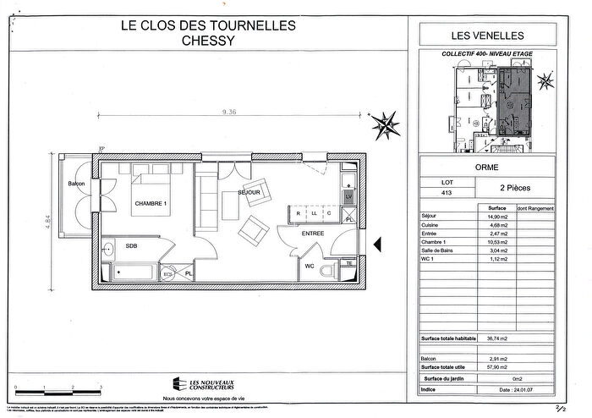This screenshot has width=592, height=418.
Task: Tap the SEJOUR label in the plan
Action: [248, 193]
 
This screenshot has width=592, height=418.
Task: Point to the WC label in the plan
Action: [310, 267]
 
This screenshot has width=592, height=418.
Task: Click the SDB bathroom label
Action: [131, 245]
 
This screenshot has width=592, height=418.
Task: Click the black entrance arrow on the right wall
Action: [379, 245]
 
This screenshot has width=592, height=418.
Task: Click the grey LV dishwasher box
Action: [348, 196]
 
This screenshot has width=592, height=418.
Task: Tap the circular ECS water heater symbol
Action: [167, 275]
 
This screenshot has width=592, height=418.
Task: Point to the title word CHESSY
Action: [209, 40]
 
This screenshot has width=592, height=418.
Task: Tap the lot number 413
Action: [436, 194]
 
